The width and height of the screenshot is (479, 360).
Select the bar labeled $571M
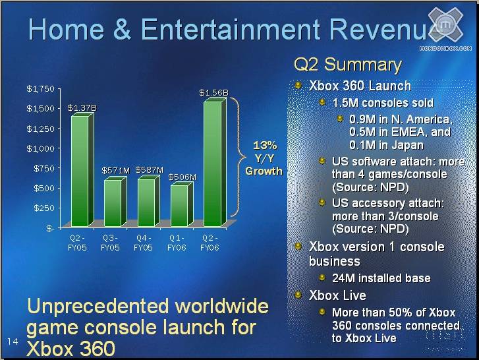113,202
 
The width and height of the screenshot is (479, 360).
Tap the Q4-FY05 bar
147,202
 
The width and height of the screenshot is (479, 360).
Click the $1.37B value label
82,107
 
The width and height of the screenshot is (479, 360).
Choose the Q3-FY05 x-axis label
109,243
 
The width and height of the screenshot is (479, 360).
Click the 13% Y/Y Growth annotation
264,158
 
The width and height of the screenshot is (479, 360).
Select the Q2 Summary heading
347,65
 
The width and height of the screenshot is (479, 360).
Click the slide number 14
13,341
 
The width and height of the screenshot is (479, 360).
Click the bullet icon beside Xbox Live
299,295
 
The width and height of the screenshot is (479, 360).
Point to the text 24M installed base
381,278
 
